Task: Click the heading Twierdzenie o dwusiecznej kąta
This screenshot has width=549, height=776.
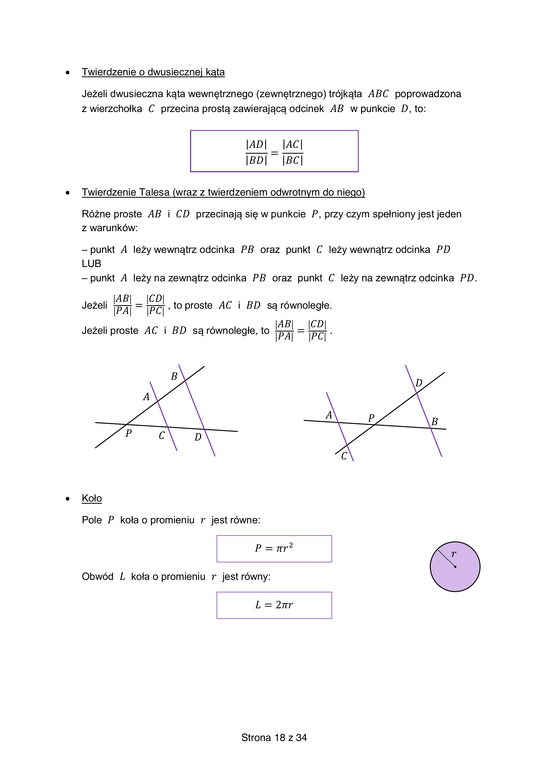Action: point(153,72)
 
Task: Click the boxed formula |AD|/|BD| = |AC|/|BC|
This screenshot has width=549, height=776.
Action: point(274,152)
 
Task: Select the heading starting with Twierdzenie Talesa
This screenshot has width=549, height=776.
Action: point(223,192)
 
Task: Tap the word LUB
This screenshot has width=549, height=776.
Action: point(91,264)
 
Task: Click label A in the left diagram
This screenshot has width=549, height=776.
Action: point(146,397)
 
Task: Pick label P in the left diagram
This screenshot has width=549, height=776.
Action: point(128,433)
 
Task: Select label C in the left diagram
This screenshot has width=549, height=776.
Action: point(162,436)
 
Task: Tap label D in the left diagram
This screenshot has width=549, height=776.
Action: point(198,437)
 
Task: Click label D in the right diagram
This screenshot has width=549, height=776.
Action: point(419,383)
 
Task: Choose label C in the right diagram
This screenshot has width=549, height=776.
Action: point(344,456)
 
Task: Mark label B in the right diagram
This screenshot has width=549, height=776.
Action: point(435,422)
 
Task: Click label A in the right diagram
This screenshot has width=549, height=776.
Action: point(329,415)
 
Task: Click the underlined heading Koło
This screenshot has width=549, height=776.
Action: point(92,498)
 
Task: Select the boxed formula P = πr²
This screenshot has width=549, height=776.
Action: point(274,549)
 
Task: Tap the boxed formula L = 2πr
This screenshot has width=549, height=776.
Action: point(274,605)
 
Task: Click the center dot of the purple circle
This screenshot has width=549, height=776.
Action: point(455,567)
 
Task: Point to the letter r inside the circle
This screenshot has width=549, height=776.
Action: point(454,554)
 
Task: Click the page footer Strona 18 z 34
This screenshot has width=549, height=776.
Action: point(274,738)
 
